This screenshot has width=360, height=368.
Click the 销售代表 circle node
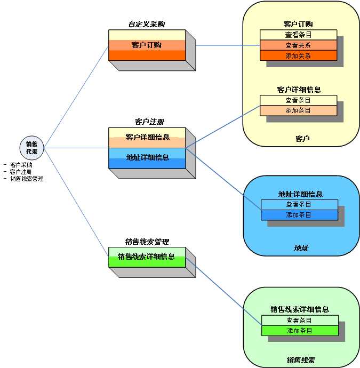(x=32, y=148)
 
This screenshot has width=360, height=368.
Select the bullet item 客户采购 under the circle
(x=21, y=165)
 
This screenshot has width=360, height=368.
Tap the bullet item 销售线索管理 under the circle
(x=27, y=179)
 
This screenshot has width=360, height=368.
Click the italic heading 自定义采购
(x=146, y=24)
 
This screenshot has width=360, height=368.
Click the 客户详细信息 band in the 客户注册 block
(x=147, y=138)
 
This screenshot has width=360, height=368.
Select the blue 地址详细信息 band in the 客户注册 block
(x=147, y=158)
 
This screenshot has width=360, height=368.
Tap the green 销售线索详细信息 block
(x=147, y=257)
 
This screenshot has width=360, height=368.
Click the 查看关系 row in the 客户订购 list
(x=298, y=45)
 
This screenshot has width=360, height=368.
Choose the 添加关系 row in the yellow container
(x=298, y=55)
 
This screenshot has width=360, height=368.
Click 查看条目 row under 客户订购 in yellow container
(x=298, y=35)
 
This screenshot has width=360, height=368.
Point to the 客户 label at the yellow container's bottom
(x=302, y=139)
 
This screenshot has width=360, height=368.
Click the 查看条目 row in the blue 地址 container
(x=299, y=204)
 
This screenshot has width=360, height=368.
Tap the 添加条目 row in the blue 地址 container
(x=299, y=215)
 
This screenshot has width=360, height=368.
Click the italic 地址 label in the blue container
(x=301, y=248)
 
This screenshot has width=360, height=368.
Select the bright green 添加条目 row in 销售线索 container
(x=299, y=331)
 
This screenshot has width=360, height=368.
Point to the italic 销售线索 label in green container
(x=301, y=360)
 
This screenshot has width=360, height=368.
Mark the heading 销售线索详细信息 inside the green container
(x=299, y=309)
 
